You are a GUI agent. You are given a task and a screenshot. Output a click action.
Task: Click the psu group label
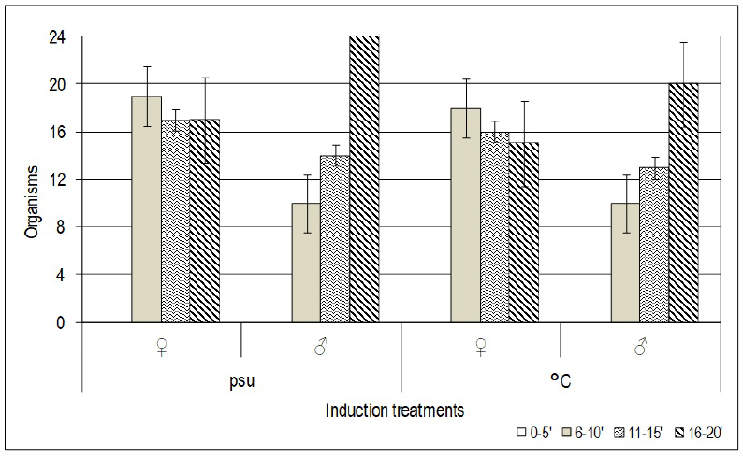pos(241,381)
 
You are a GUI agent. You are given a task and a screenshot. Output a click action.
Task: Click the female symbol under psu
pos(161,348)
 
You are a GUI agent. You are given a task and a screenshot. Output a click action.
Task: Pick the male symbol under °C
pos(641,348)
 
